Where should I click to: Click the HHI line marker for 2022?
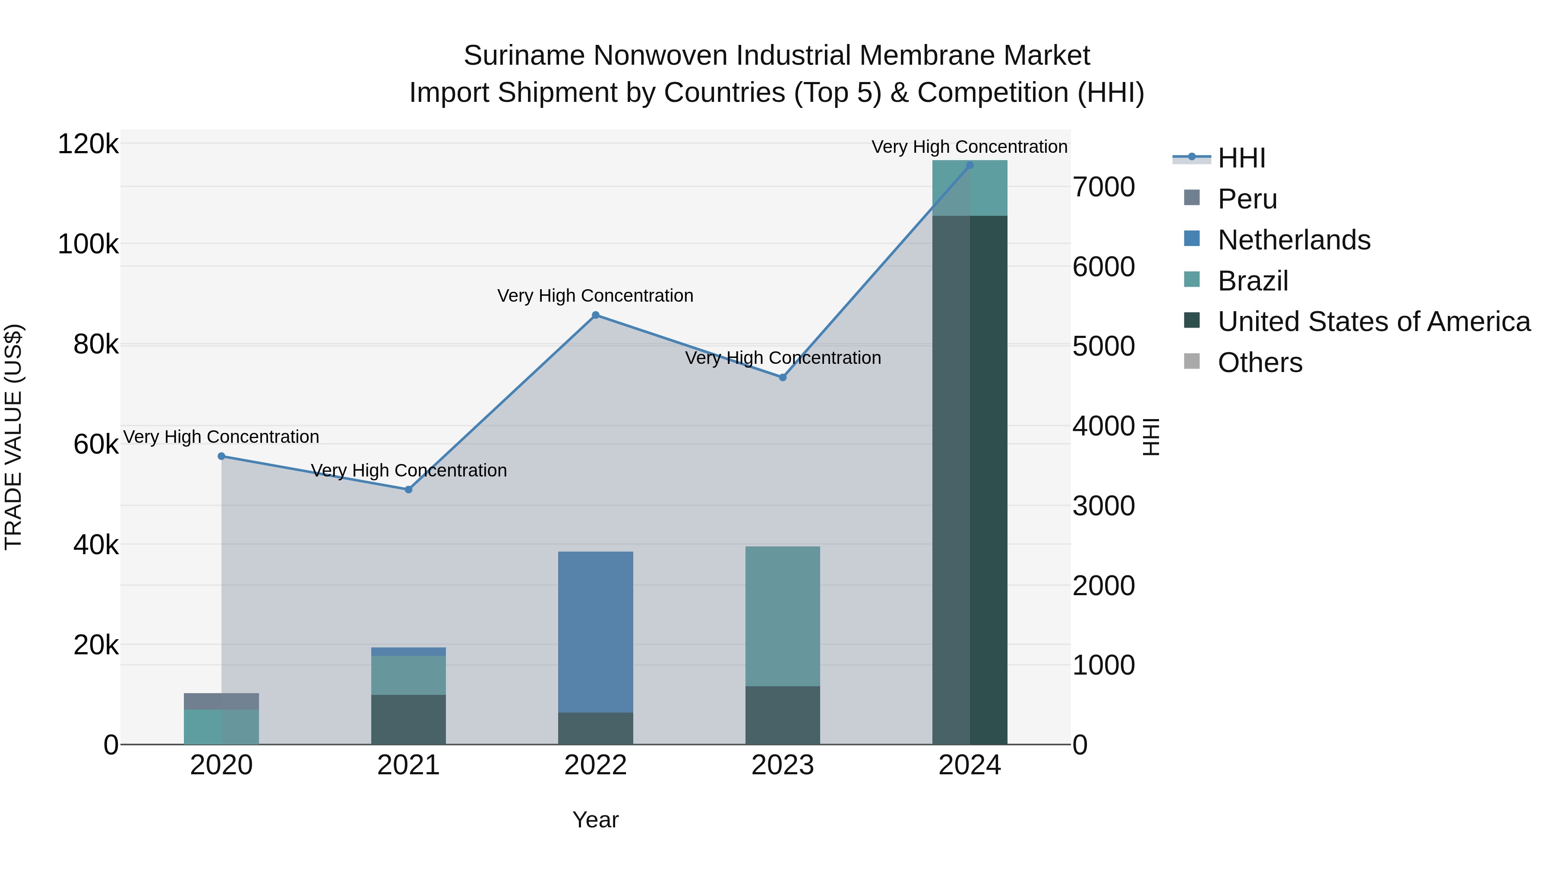coord(595,315)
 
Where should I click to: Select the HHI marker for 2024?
coord(970,165)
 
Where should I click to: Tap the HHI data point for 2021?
coord(408,490)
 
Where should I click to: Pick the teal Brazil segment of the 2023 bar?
coord(783,616)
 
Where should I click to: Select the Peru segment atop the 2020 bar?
coord(221,701)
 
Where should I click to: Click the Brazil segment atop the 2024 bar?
coord(970,188)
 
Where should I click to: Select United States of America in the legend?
coord(1374,322)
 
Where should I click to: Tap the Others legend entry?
coord(1260,363)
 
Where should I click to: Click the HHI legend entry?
coord(1241,158)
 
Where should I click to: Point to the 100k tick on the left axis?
coord(88,244)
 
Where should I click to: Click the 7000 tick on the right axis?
coord(1103,187)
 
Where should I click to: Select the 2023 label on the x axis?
coord(783,765)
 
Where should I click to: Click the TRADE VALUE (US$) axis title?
coord(13,437)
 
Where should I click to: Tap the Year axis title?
coord(595,820)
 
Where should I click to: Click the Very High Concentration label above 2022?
coord(595,296)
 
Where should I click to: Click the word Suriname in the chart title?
coord(524,56)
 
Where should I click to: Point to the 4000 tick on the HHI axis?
coord(1103,426)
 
